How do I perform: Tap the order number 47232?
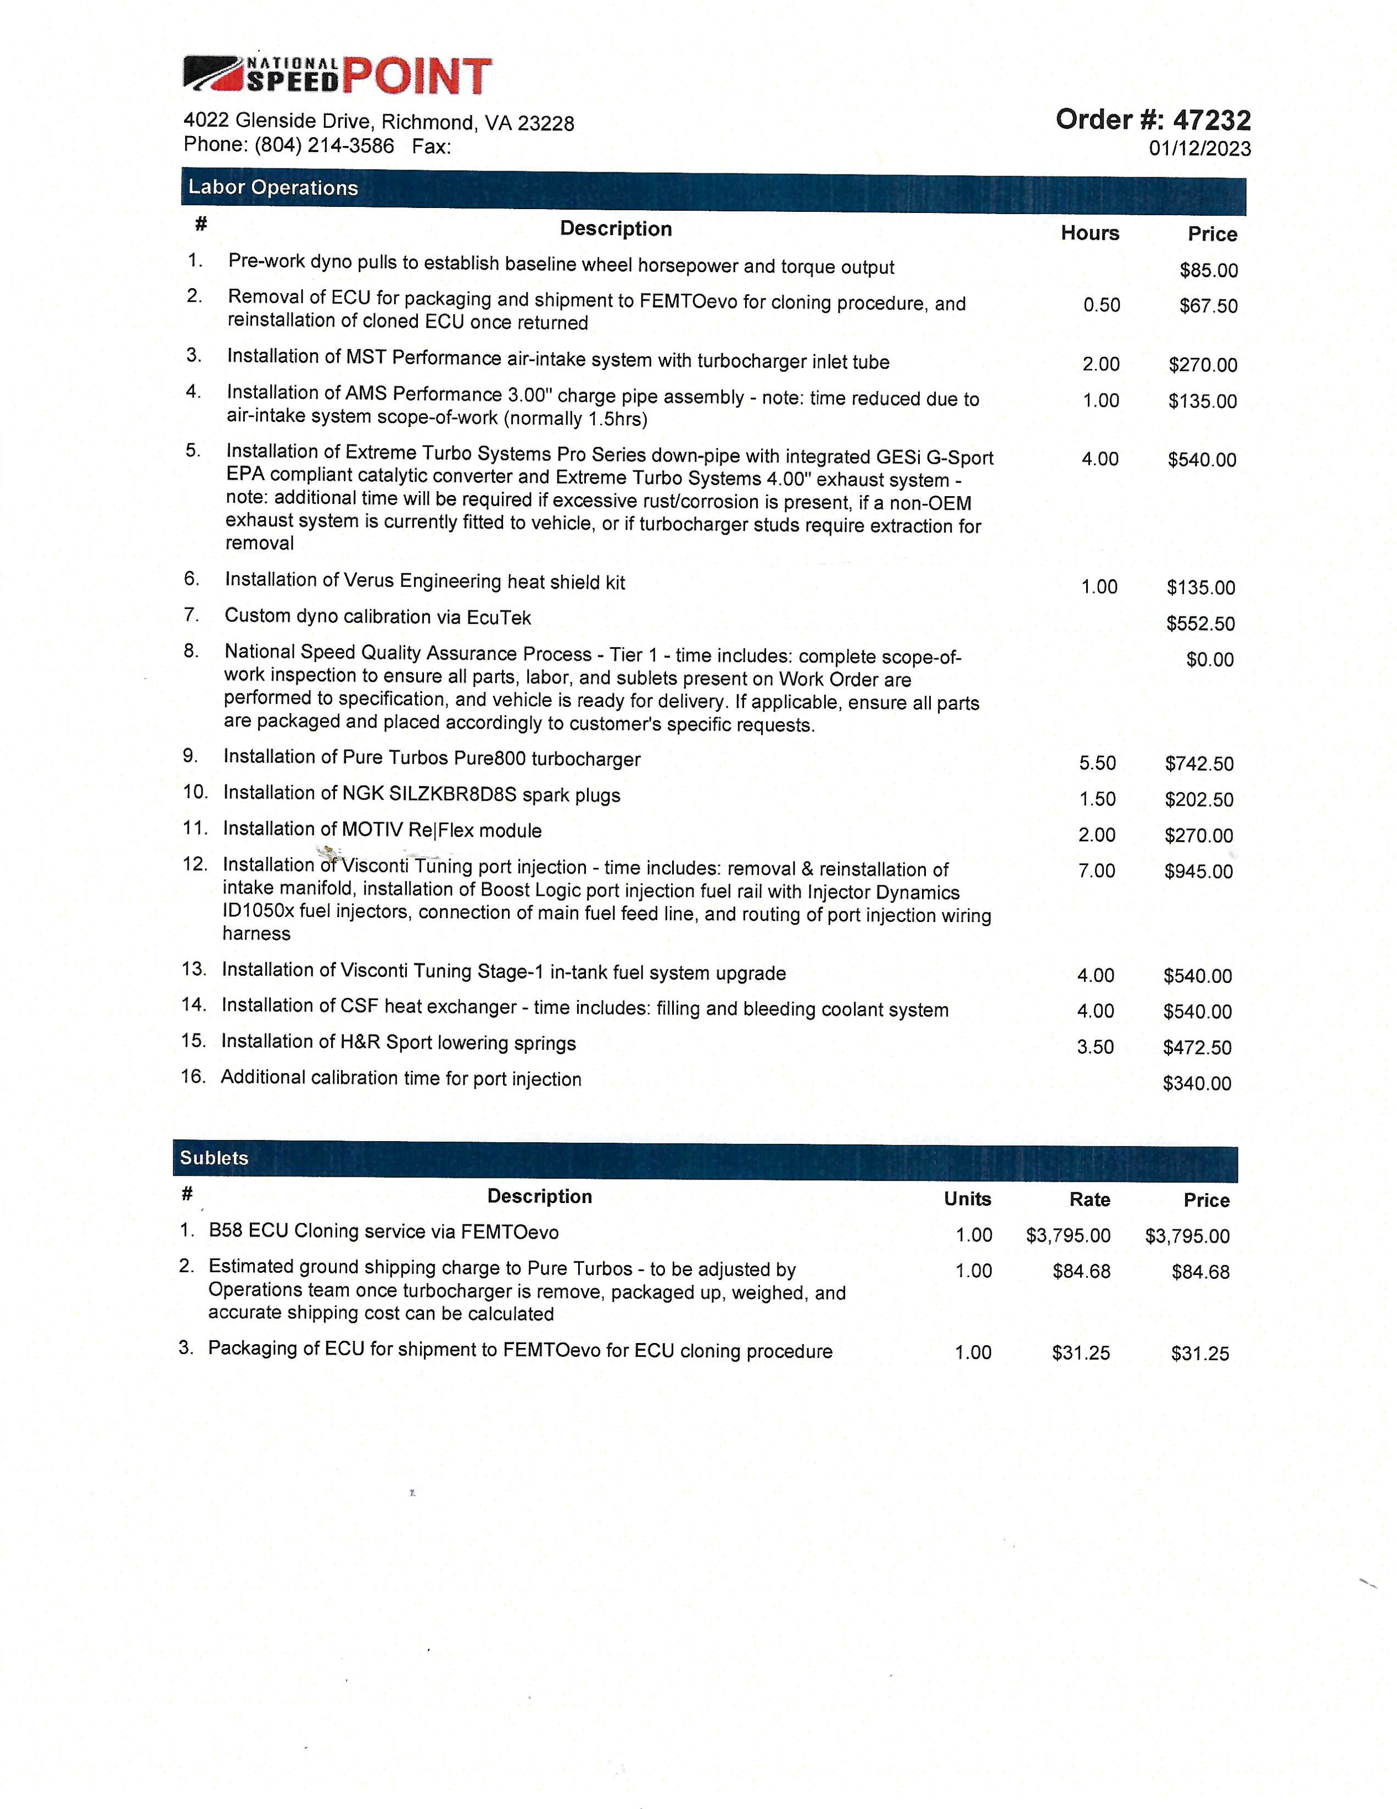(x=1211, y=121)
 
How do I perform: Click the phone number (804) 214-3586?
(x=324, y=146)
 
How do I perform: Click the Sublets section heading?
(x=214, y=1158)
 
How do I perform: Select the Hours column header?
(x=1089, y=234)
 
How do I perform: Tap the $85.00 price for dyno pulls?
(x=1209, y=271)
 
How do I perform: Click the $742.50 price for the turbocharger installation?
(x=1199, y=763)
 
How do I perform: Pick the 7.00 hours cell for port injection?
(x=1096, y=870)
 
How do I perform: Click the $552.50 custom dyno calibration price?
(x=1200, y=623)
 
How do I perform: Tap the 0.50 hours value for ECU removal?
(x=1101, y=305)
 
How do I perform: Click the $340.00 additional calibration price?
(x=1197, y=1083)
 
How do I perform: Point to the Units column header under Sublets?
(x=967, y=1199)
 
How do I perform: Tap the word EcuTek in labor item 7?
(x=499, y=618)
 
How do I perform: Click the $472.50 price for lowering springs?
(x=1197, y=1048)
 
